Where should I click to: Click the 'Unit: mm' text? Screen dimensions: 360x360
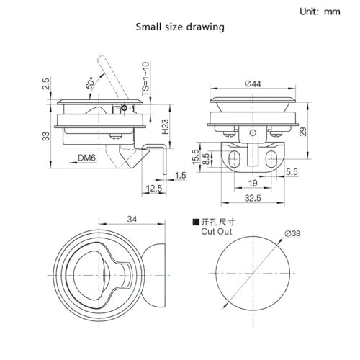pyautogui.click(x=320, y=12)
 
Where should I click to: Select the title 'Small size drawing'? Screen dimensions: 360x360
pyautogui.click(x=180, y=27)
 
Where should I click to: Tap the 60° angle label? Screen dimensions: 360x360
pyautogui.click(x=89, y=84)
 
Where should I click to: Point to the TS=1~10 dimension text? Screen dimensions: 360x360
pyautogui.click(x=146, y=79)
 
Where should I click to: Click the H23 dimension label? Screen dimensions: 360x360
pyautogui.click(x=165, y=127)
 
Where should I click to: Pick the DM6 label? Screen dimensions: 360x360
pyautogui.click(x=86, y=158)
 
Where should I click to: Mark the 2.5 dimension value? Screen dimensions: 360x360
pyautogui.click(x=46, y=84)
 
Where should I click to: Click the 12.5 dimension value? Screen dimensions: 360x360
pyautogui.click(x=154, y=189)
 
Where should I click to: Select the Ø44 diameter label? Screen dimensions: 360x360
pyautogui.click(x=253, y=84)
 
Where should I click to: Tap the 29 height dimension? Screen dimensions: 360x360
pyautogui.click(x=303, y=132)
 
